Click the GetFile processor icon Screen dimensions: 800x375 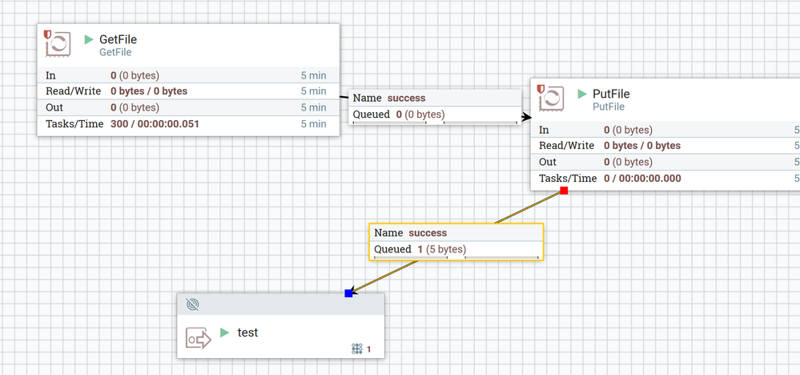(58, 43)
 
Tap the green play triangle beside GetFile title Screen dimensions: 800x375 (89, 39)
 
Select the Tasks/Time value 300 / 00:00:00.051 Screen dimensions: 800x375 (155, 124)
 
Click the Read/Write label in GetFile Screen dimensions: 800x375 (74, 91)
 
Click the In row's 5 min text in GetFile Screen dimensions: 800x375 (313, 75)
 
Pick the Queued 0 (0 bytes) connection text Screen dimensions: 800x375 (399, 115)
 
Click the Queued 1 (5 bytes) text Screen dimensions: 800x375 (420, 249)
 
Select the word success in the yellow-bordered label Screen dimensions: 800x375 (428, 232)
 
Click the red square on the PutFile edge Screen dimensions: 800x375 (564, 191)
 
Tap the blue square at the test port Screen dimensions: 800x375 (348, 292)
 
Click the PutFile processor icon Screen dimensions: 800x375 (551, 98)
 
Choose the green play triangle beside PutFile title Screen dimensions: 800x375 (582, 94)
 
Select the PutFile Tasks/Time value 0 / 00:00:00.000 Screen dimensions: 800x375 (642, 179)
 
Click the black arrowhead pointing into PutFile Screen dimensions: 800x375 (527, 117)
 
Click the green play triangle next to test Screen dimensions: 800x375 (224, 333)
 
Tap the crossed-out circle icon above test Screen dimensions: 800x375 (193, 304)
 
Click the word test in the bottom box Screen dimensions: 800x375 (248, 333)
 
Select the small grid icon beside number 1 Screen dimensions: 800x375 (357, 349)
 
